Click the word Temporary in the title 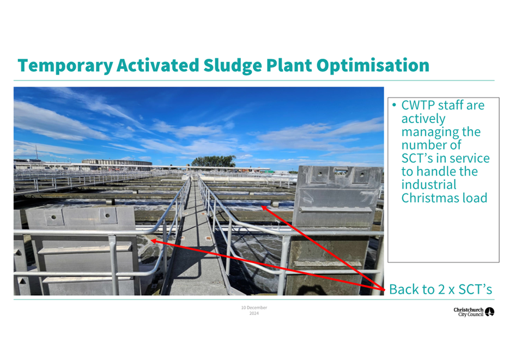65,66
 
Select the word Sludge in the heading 232,66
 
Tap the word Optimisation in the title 373,66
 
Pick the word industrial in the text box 429,185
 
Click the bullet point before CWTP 394,105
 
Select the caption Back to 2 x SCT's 440,289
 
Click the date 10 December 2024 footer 254,310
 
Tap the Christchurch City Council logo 474,312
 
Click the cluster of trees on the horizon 214,161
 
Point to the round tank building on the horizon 117,162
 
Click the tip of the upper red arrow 262,206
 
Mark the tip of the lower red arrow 151,241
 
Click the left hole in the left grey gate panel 53,217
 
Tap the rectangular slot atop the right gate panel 341,171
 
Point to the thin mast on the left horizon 37,152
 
